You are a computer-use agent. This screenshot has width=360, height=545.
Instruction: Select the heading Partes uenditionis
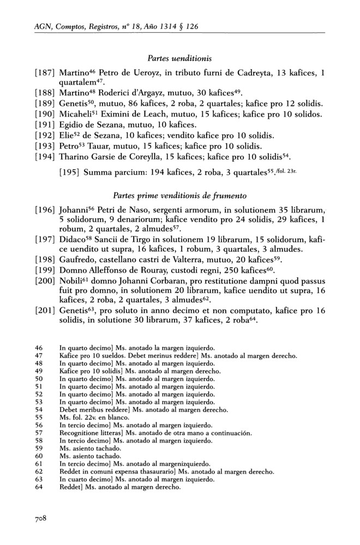pyautogui.click(x=179, y=56)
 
